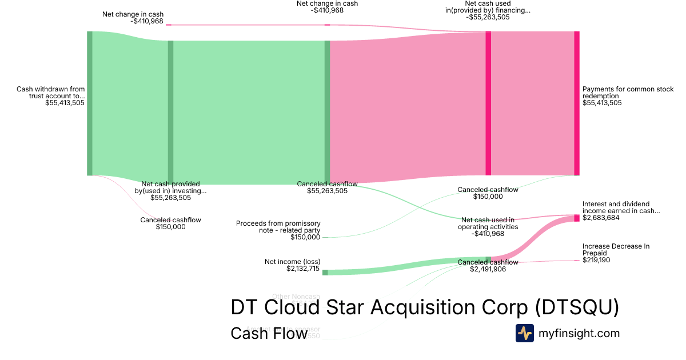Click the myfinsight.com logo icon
click(524, 333)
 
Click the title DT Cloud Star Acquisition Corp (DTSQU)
click(425, 307)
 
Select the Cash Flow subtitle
click(269, 333)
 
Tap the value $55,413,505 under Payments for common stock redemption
click(602, 103)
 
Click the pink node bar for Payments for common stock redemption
click(577, 103)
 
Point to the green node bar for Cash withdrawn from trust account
click(90, 103)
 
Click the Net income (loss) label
click(292, 262)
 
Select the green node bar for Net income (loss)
click(325, 273)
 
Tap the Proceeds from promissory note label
click(278, 227)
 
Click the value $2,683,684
click(602, 218)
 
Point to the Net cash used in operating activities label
click(488, 223)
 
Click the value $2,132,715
click(303, 269)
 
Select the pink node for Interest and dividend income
click(577, 218)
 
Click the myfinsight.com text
click(579, 333)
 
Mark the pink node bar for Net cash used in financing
click(488, 103)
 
